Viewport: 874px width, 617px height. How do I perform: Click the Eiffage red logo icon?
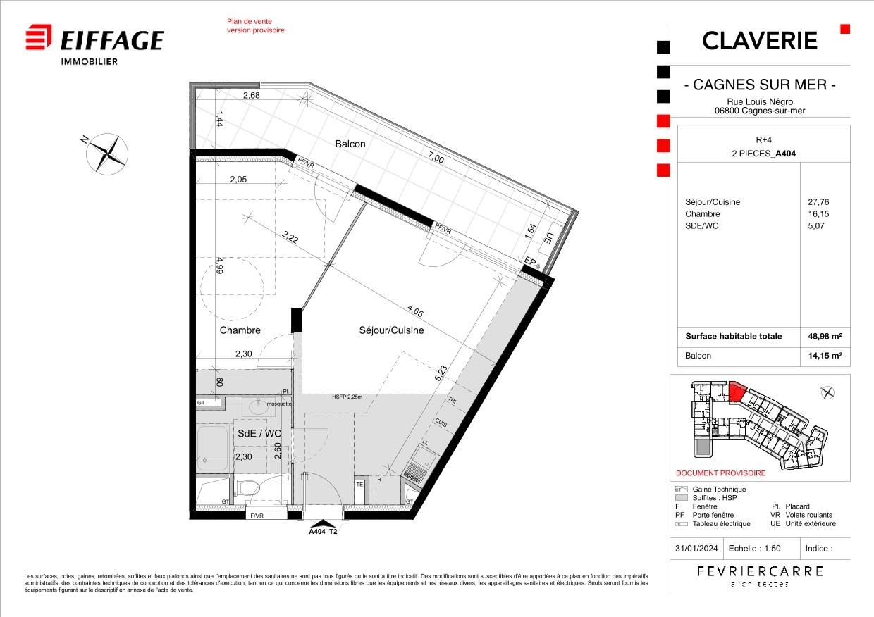pos(39,37)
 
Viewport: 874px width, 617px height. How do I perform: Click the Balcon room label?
pos(350,144)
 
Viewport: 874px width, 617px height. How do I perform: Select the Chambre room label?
pos(240,330)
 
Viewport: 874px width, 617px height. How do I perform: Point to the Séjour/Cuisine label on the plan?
pos(392,330)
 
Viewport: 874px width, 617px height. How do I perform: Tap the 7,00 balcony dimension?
pos(436,159)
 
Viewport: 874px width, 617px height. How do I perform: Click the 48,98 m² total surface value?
pos(825,336)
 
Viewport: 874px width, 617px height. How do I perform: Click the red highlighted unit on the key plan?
pos(737,391)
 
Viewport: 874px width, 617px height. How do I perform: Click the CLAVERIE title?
pos(760,41)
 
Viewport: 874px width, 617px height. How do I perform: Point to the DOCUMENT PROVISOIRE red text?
pos(720,473)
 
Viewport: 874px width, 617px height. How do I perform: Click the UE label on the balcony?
pos(549,238)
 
